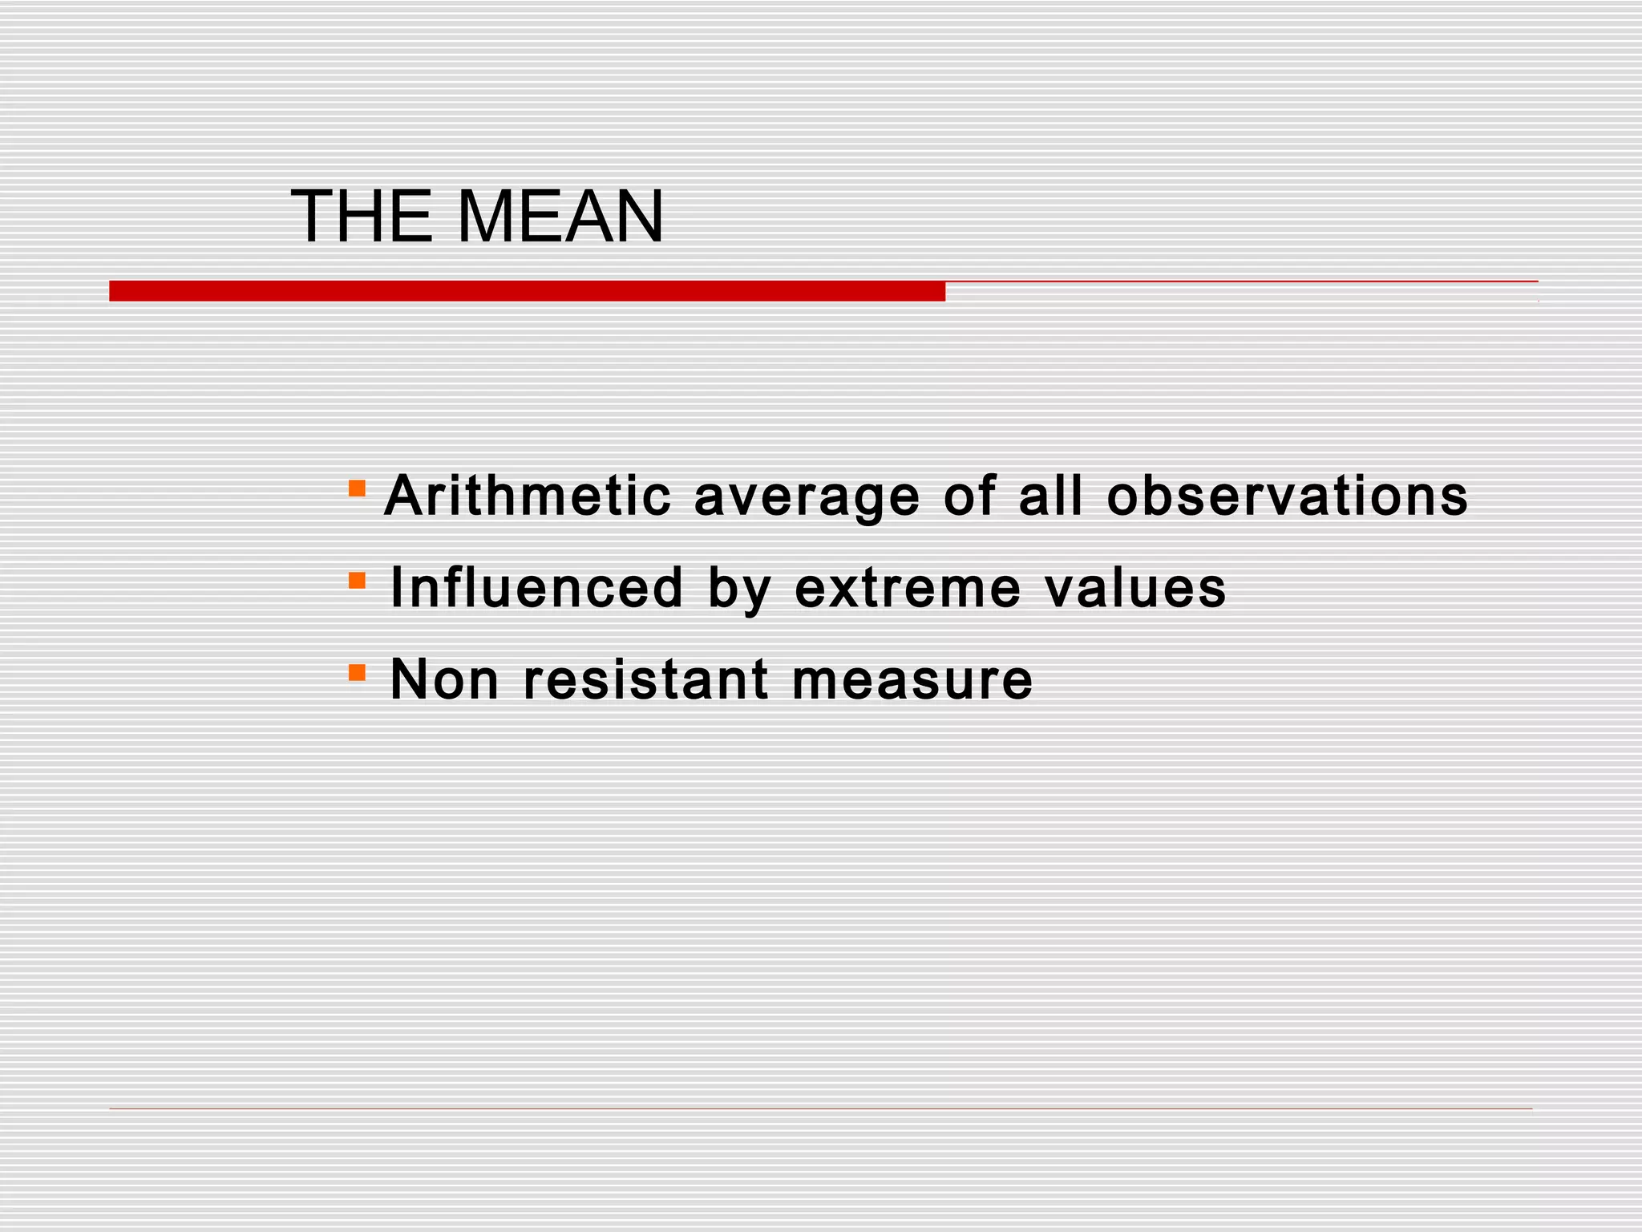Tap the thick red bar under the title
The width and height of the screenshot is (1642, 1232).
click(527, 291)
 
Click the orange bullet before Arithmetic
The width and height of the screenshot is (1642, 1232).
click(357, 488)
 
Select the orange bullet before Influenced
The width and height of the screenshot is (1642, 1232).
click(357, 579)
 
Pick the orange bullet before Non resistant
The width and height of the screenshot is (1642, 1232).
click(357, 671)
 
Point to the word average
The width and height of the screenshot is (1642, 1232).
click(807, 497)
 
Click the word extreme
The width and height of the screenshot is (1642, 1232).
click(908, 588)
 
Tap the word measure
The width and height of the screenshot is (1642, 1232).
click(912, 681)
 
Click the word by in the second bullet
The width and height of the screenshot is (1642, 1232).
click(739, 590)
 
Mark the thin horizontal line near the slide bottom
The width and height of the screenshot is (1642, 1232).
click(820, 1109)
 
